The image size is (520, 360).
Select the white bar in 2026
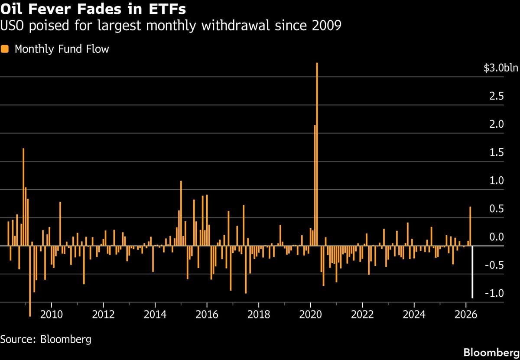[472, 272]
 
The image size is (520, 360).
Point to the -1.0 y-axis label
[494, 294]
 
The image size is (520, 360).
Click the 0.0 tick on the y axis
[497, 237]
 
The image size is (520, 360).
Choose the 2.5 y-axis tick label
[497, 96]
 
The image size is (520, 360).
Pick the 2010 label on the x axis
[52, 314]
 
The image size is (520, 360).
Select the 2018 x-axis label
[259, 314]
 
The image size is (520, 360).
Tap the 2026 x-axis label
[466, 314]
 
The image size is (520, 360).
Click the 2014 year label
[155, 314]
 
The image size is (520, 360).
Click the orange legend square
[5, 49]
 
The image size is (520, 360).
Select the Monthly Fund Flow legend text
[62, 49]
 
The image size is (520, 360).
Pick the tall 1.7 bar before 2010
[23, 197]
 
